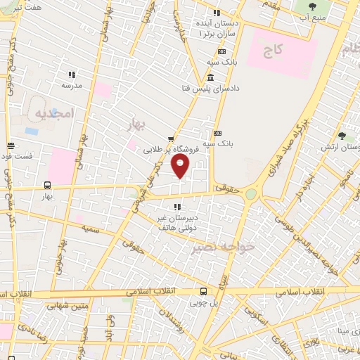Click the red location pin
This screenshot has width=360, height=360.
181,166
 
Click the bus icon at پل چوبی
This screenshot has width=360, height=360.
203,290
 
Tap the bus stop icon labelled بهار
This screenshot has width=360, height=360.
47,186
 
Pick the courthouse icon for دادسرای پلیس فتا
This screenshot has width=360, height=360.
212,76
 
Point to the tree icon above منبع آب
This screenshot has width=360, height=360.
311,7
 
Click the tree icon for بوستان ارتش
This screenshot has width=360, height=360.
342,136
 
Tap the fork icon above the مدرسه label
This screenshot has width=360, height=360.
71,75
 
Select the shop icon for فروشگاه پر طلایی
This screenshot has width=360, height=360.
170,139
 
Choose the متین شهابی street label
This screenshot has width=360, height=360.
65,306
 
